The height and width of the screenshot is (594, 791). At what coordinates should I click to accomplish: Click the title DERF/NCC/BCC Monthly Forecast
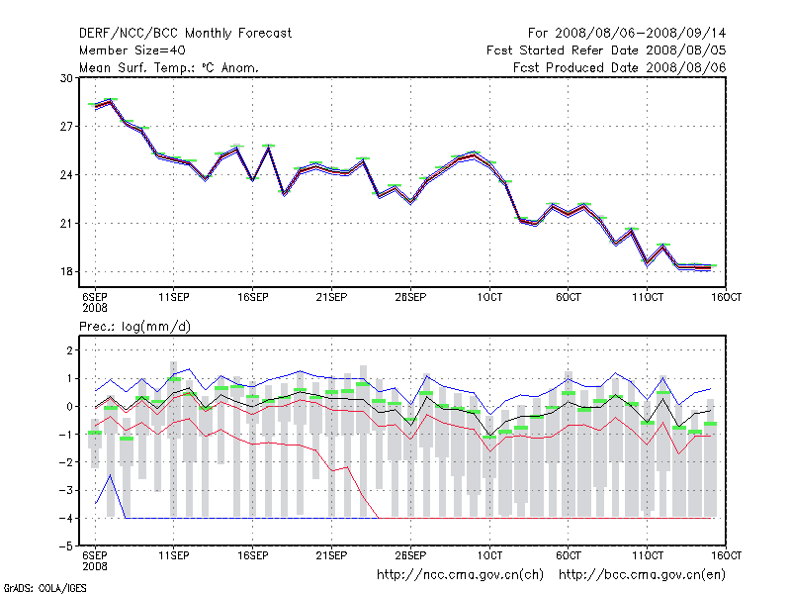pos(186,33)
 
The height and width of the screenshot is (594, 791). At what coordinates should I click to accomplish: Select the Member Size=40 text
pos(132,49)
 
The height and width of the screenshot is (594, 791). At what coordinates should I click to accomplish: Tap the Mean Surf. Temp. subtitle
pos(169,67)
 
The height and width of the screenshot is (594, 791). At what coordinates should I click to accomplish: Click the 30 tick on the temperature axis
pos(67,78)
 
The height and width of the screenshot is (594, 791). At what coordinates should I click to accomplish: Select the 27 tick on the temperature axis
pos(67,127)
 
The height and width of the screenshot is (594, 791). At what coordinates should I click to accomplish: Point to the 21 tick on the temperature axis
pos(67,224)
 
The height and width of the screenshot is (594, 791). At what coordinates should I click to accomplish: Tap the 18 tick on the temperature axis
pos(67,272)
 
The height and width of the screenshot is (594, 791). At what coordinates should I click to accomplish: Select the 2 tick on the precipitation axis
pos(69,350)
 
